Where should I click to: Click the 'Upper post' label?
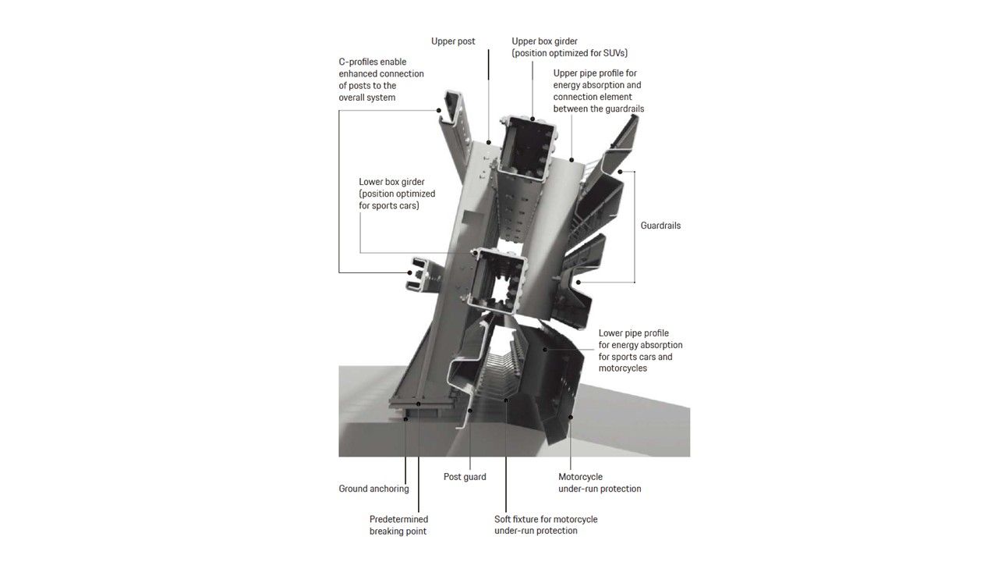[453, 41]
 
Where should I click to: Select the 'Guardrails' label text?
[660, 226]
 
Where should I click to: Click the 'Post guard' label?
[465, 477]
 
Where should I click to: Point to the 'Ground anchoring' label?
[373, 489]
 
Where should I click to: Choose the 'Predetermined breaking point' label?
[398, 525]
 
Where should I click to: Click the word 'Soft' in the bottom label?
[503, 519]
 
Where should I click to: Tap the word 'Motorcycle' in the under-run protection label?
[581, 477]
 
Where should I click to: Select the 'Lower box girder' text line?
[391, 182]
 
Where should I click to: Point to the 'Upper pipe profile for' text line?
[595, 73]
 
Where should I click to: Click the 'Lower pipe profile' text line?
[634, 333]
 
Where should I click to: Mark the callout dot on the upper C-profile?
[438, 110]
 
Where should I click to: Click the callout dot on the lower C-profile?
[409, 272]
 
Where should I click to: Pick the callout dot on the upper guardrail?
[620, 172]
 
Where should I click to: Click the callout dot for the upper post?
[489, 143]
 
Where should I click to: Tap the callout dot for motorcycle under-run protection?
[571, 417]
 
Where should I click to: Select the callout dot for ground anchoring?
[405, 419]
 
